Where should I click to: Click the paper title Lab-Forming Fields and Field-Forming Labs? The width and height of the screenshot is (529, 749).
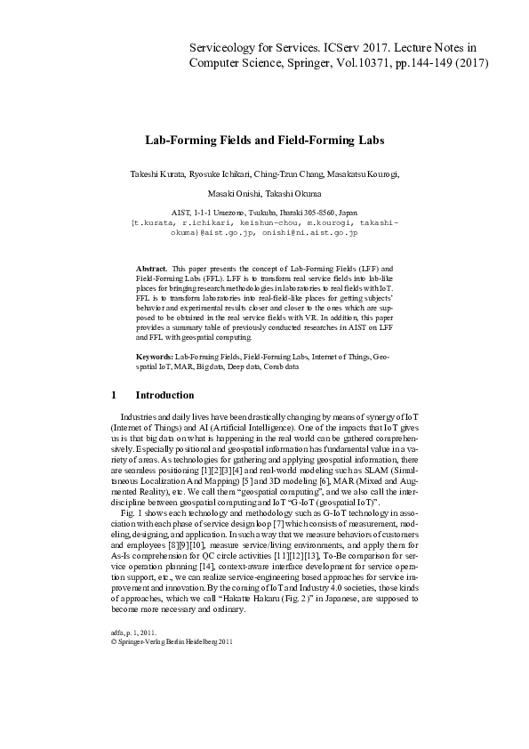(264, 141)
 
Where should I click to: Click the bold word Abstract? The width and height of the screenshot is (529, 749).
(151, 268)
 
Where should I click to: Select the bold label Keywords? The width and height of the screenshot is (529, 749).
(156, 356)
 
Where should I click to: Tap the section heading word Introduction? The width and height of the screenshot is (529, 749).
(164, 395)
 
